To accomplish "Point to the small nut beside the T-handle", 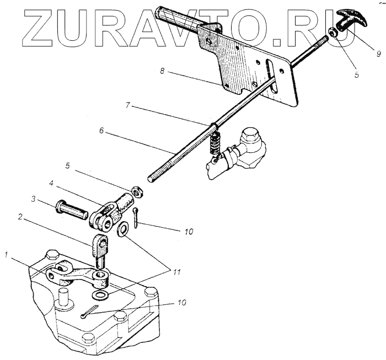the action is coord(334,34).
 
